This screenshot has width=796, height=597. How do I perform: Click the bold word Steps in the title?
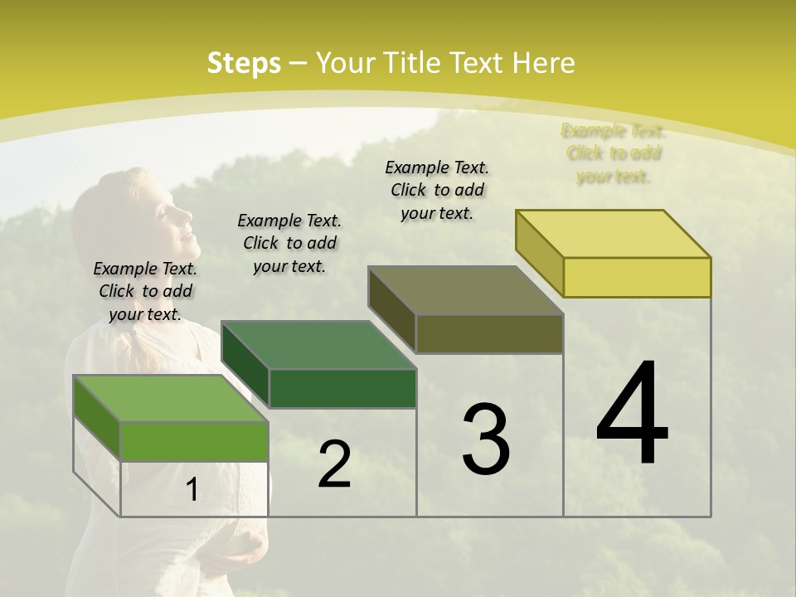[x=243, y=63]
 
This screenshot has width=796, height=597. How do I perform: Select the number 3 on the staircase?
[x=486, y=439]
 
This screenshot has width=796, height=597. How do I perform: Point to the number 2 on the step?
[x=334, y=464]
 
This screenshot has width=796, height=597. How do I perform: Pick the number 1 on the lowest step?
[x=192, y=490]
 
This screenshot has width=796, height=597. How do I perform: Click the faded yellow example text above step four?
[x=614, y=153]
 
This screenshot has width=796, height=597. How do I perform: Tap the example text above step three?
[x=437, y=190]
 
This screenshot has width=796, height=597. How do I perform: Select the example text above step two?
[x=289, y=243]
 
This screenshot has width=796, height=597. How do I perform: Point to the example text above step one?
[x=145, y=291]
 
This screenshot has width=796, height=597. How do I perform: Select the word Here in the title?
[x=544, y=63]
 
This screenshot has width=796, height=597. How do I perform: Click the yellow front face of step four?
[x=637, y=277]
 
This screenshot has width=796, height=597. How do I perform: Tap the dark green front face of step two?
[x=342, y=388]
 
